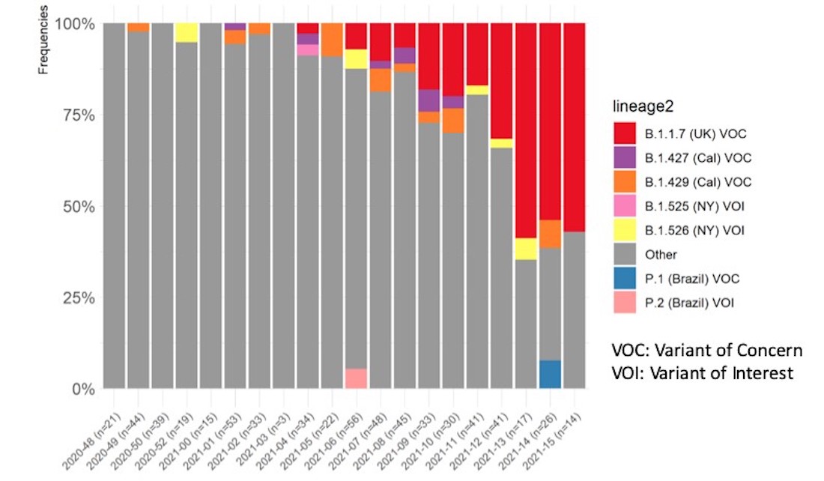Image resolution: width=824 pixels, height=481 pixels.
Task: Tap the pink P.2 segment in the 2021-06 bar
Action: [x=356, y=378]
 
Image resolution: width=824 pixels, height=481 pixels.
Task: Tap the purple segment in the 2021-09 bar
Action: [x=428, y=100]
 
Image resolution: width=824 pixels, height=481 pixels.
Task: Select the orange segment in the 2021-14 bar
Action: [x=550, y=235]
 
